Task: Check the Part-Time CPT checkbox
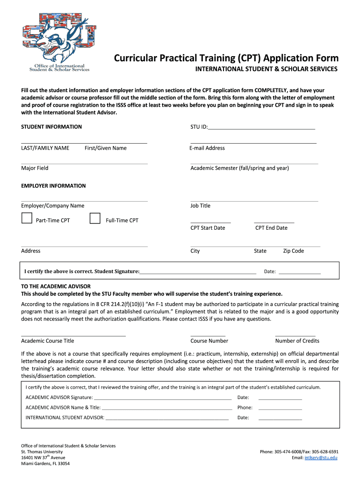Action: click(x=27, y=218)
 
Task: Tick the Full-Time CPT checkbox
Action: click(x=95, y=218)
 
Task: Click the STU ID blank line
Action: click(x=262, y=128)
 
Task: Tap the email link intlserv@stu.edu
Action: click(x=321, y=457)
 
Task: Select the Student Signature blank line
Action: click(x=198, y=272)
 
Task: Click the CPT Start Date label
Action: click(x=208, y=228)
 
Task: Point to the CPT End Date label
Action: click(x=271, y=228)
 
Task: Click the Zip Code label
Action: click(x=293, y=251)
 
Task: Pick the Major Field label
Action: click(x=35, y=168)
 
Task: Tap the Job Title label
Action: click(x=200, y=205)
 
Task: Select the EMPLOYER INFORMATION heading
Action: click(x=53, y=186)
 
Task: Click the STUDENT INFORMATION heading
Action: click(x=51, y=127)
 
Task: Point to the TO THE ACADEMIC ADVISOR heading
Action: click(x=56, y=286)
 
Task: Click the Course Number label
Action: click(x=209, y=341)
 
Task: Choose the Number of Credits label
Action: click(x=297, y=341)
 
